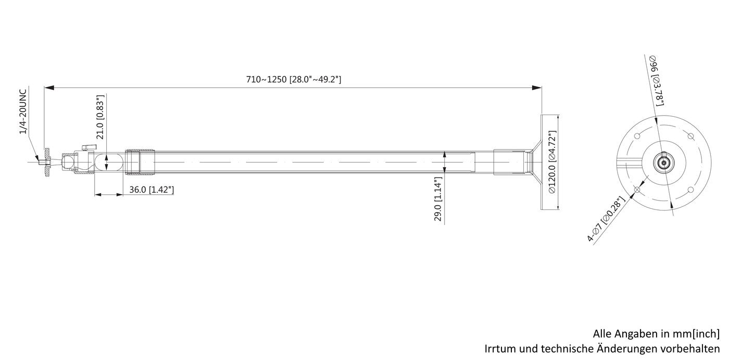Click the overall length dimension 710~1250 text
pyautogui.click(x=293, y=80)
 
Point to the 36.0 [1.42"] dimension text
pyautogui.click(x=152, y=190)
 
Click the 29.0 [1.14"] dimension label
pyautogui.click(x=438, y=200)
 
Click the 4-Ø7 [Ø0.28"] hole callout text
pyautogui.click(x=605, y=220)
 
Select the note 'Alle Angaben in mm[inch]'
pyautogui.click(x=656, y=333)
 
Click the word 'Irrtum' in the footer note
pyautogui.click(x=499, y=348)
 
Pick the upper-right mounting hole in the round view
pyautogui.click(x=690, y=136)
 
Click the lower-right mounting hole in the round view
pyautogui.click(x=690, y=190)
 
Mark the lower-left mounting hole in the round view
pyautogui.click(x=636, y=190)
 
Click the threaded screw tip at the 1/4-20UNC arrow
pyautogui.click(x=42, y=162)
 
